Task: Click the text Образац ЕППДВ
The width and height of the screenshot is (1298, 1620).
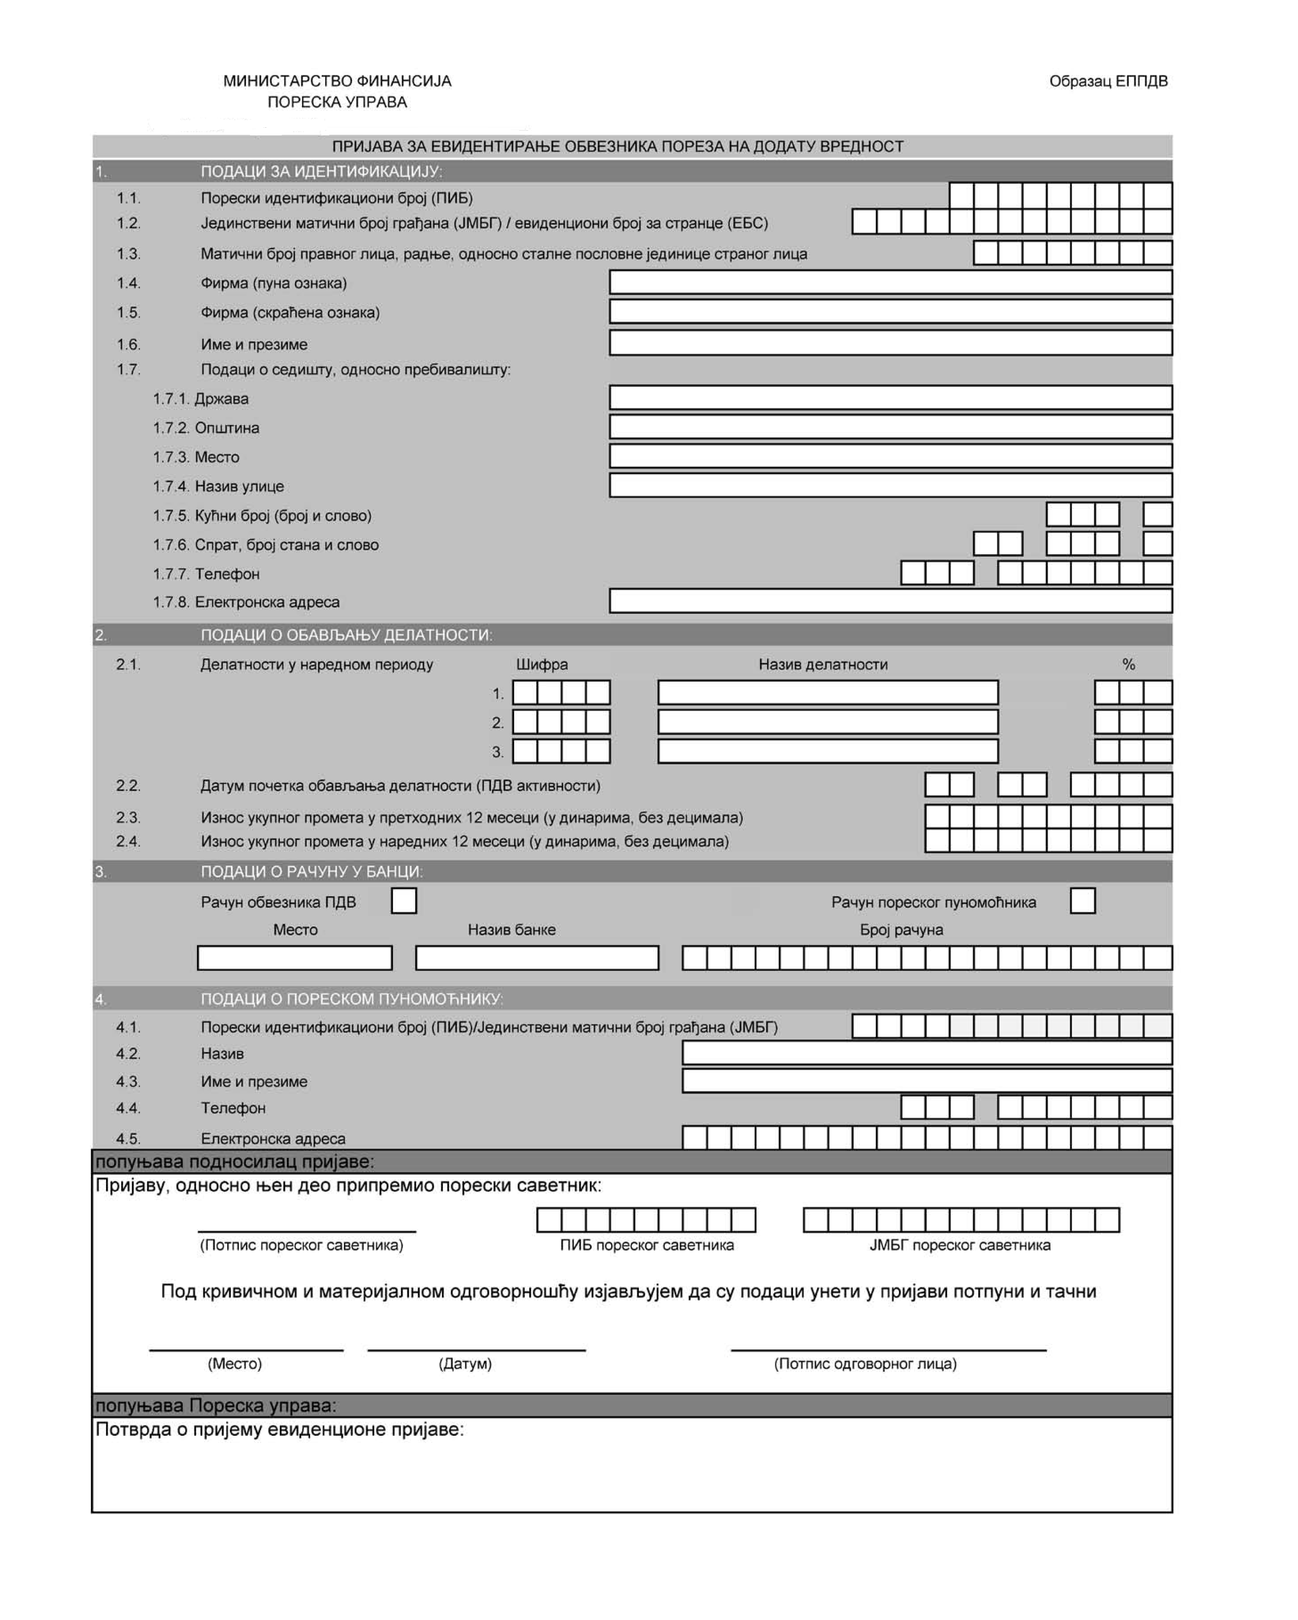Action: tap(1108, 81)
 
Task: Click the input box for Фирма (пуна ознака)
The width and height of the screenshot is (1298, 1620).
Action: tap(890, 283)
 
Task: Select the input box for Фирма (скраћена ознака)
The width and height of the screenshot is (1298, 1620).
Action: tap(890, 312)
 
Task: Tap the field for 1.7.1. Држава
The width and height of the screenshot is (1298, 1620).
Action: tap(890, 397)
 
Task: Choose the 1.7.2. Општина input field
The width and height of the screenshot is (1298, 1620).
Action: tap(890, 427)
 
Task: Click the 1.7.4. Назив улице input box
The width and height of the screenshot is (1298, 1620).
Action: tap(890, 486)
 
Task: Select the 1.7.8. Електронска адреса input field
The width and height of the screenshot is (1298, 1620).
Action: tap(890, 601)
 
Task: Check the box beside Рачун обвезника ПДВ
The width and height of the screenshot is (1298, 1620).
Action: tap(404, 901)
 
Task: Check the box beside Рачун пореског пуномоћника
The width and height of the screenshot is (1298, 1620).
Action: tap(1082, 901)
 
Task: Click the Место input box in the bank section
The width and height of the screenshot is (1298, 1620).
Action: tap(294, 958)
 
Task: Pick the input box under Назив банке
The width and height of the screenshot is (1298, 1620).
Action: tap(537, 958)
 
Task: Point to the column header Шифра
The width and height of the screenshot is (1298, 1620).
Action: tap(542, 664)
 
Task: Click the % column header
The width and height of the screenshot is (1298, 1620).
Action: tap(1128, 664)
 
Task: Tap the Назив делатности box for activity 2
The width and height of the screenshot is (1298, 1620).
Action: tap(827, 722)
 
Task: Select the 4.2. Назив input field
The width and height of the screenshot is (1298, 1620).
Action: tap(927, 1053)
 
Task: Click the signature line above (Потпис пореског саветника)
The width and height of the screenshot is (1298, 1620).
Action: tap(307, 1230)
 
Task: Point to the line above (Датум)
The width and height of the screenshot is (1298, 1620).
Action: tap(476, 1349)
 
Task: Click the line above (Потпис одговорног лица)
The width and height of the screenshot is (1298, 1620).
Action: tap(888, 1349)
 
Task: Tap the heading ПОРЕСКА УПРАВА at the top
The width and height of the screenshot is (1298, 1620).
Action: tap(337, 102)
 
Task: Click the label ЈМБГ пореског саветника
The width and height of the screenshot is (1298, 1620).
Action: tap(960, 1245)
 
